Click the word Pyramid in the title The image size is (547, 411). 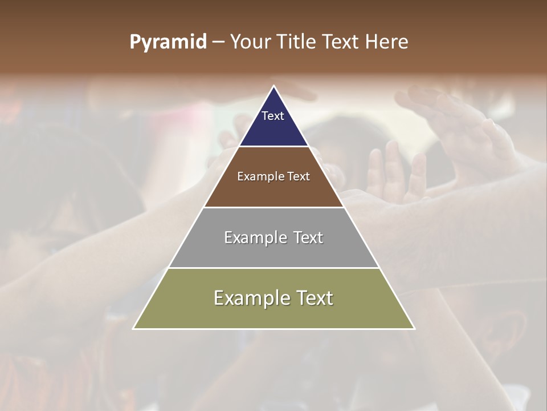point(168,42)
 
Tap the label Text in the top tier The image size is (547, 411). point(273,116)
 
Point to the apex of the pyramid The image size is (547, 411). point(274,86)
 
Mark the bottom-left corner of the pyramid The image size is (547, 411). point(133,328)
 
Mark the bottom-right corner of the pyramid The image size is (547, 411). point(414,328)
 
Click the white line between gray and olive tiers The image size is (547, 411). point(273,268)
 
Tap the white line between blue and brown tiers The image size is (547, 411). point(273,147)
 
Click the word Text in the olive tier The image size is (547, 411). point(313,298)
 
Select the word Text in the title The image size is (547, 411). point(341,42)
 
